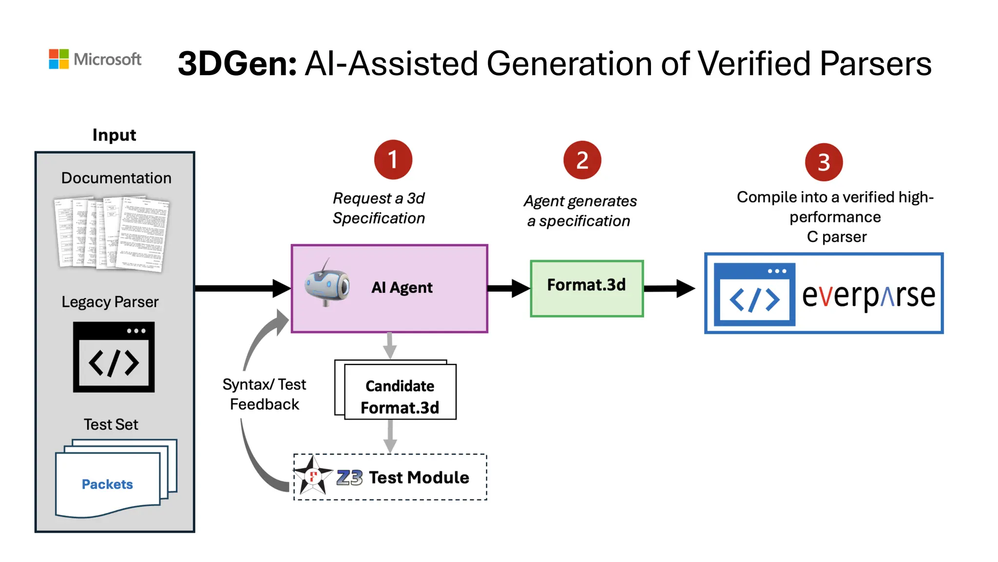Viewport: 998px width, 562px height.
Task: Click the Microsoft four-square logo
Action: click(58, 59)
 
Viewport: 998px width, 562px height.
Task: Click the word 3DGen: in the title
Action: click(237, 64)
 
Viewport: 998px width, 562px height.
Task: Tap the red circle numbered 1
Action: click(393, 160)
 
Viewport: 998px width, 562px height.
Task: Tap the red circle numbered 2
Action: click(582, 161)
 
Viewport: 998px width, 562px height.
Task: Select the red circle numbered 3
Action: click(824, 162)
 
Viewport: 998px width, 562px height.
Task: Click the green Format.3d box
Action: click(587, 288)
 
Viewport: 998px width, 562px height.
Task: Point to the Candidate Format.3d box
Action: click(400, 392)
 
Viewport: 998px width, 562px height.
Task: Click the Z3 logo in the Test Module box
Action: click(349, 478)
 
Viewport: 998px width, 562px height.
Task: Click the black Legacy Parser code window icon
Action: click(114, 357)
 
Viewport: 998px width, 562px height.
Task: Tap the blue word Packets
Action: click(107, 484)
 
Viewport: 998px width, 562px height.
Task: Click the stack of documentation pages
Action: click(112, 234)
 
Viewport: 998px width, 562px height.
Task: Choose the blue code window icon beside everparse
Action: click(754, 294)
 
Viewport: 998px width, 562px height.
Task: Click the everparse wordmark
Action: click(868, 296)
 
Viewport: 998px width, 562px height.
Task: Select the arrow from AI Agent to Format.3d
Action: click(508, 288)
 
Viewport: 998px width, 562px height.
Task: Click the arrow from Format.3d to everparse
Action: click(669, 288)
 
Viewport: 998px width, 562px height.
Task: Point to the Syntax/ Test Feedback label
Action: click(264, 394)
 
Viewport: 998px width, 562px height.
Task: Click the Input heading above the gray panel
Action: click(115, 135)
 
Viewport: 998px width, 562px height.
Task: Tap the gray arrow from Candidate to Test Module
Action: click(390, 436)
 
